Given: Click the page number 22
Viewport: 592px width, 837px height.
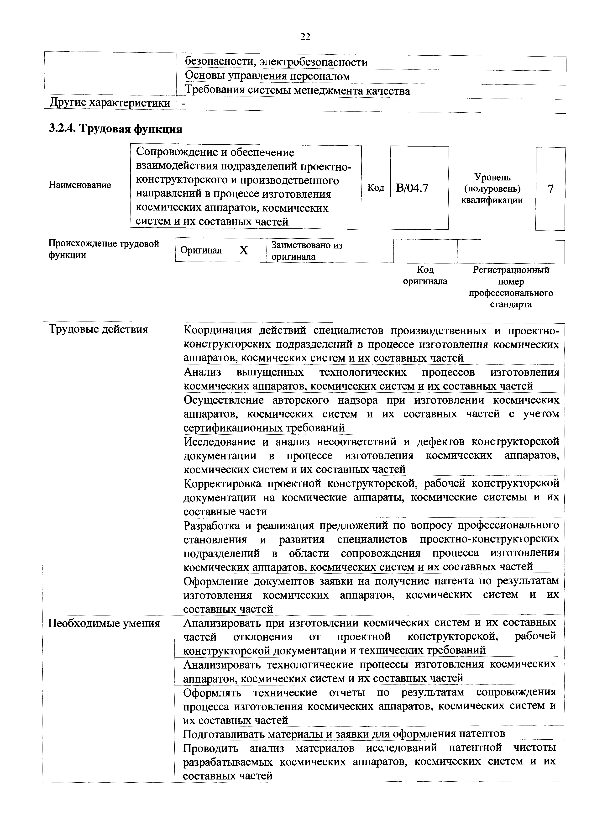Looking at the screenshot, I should pyautogui.click(x=305, y=37).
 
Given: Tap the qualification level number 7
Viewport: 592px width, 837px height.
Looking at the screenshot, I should pyautogui.click(x=550, y=189).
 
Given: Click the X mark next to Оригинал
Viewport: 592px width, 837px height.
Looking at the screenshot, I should pyautogui.click(x=244, y=250).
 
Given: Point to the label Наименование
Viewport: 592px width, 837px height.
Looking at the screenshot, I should pyautogui.click(x=80, y=185).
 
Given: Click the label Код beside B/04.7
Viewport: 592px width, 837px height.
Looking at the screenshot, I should pyautogui.click(x=376, y=188).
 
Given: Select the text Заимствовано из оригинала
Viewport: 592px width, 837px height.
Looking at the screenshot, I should pyautogui.click(x=307, y=251).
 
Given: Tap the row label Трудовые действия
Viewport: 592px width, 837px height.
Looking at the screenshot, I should pyautogui.click(x=98, y=330).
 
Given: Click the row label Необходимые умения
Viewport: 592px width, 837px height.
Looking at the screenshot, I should pyautogui.click(x=104, y=623).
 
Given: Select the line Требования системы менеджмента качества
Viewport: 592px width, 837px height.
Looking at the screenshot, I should pyautogui.click(x=298, y=90).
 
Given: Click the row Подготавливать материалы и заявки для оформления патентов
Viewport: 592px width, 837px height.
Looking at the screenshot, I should pyautogui.click(x=344, y=733).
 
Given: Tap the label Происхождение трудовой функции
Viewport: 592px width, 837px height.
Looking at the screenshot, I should pyautogui.click(x=104, y=249).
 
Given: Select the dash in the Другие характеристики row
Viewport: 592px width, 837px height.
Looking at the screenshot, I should pyautogui.click(x=184, y=104).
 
